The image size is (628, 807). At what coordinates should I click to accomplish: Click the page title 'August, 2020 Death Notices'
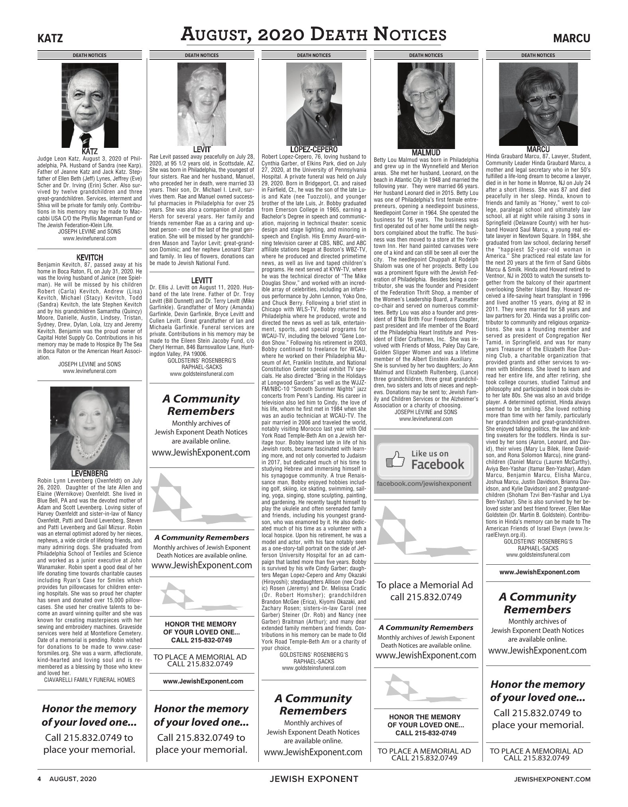point(313,34)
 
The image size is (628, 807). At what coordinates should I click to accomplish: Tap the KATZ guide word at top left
point(50,39)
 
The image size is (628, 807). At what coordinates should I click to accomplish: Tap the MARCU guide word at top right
point(572,39)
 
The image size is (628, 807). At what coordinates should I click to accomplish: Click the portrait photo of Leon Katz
point(90,105)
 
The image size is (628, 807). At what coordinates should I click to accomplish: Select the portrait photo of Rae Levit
point(201,104)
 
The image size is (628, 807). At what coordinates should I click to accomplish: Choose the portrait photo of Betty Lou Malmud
point(426,106)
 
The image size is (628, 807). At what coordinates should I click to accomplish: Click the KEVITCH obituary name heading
point(90,257)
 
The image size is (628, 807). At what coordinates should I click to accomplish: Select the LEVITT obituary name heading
point(201,280)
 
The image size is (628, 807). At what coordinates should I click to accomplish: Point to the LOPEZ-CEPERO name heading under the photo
point(313,149)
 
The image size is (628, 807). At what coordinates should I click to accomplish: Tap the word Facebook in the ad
point(437,464)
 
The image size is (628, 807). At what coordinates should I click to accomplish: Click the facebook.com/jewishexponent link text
point(426,483)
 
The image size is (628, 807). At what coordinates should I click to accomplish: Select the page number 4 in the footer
point(39,778)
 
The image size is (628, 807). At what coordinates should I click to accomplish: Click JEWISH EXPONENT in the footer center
point(314,778)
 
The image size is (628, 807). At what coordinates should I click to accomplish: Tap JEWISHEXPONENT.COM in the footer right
point(552,778)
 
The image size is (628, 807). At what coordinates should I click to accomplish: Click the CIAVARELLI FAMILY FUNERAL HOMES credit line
point(90,679)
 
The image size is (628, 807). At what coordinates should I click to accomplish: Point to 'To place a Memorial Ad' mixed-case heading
point(426,585)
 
